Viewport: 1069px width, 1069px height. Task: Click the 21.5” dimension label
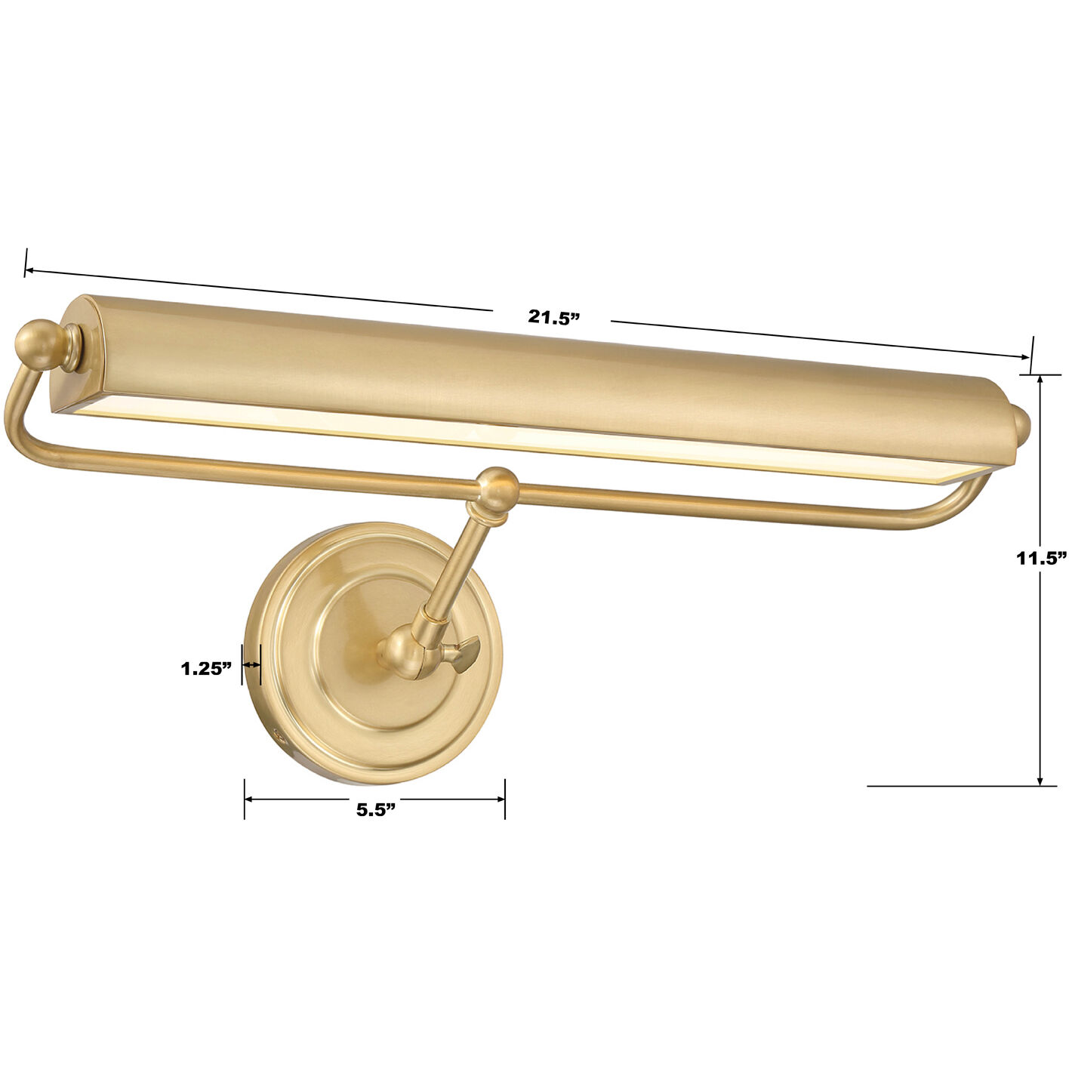point(553,317)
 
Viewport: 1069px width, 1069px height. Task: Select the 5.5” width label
point(376,810)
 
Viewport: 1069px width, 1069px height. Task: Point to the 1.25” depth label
point(206,668)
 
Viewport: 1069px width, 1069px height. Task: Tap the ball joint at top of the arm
point(498,488)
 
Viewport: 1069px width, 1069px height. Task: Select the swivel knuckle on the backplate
point(406,654)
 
